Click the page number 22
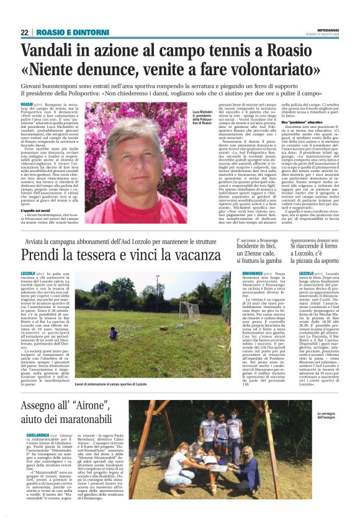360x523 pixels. coord(25,32)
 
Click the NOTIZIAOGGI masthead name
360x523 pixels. coord(325,29)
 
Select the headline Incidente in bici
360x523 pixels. coord(261,247)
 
